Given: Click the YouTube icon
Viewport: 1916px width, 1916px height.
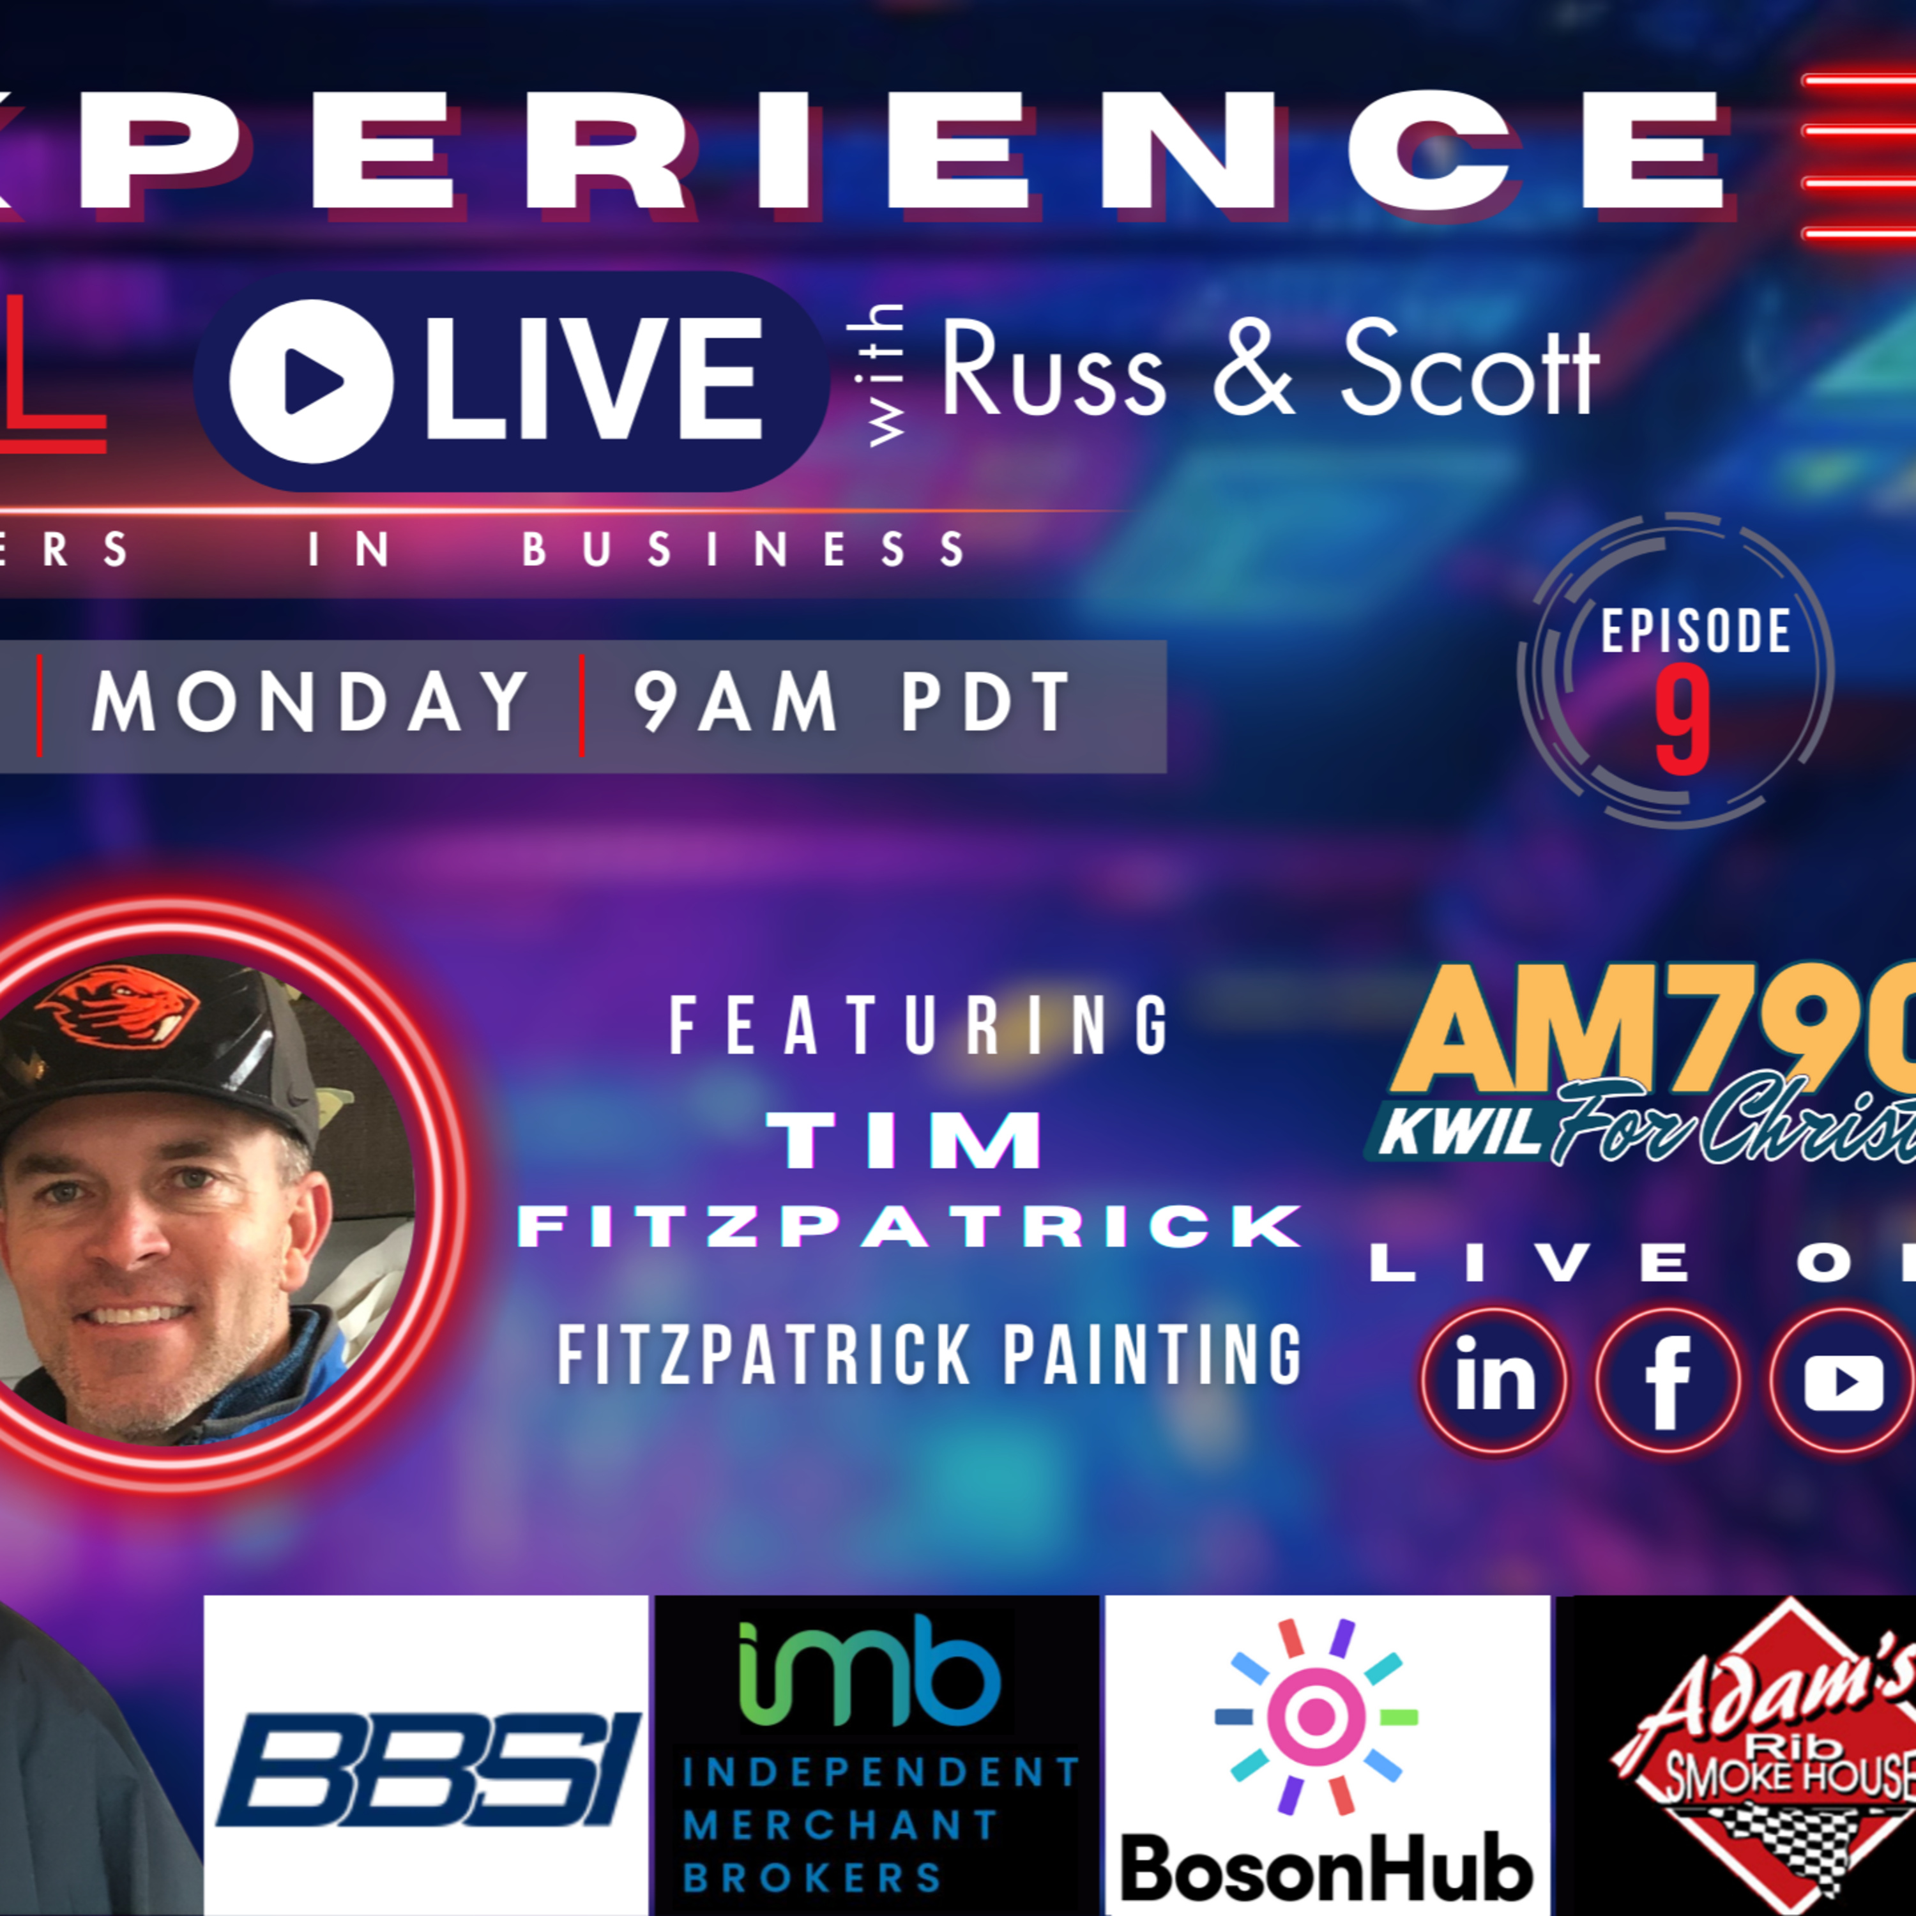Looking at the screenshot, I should tap(1843, 1380).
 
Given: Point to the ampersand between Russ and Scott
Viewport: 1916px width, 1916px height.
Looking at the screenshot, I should tap(1254, 370).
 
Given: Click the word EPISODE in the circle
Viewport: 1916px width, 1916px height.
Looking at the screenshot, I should tap(1696, 632).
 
